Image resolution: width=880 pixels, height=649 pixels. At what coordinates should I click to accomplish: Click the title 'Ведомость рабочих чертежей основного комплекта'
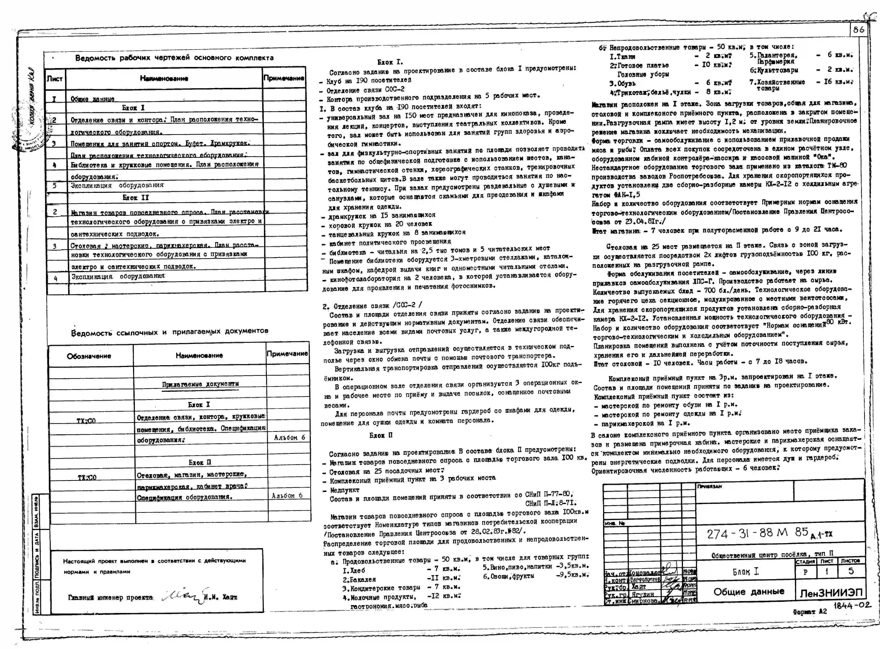tap(174, 58)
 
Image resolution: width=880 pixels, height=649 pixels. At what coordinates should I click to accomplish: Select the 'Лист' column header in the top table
tap(55, 79)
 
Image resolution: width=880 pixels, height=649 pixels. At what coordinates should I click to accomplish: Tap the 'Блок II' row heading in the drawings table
tap(136, 198)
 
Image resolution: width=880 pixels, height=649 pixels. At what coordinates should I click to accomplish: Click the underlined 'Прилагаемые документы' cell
tap(200, 384)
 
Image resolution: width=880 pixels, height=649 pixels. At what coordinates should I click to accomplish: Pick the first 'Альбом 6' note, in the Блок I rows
tap(289, 437)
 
